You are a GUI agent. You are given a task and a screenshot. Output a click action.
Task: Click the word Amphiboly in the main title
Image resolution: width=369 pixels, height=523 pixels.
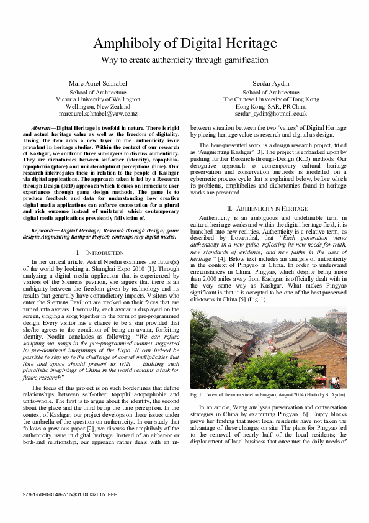click(128, 43)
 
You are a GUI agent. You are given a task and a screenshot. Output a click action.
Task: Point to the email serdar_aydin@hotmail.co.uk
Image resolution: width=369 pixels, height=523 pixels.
click(271, 114)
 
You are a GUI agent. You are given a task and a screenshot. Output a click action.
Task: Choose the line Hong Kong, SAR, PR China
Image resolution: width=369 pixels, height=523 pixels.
click(271, 107)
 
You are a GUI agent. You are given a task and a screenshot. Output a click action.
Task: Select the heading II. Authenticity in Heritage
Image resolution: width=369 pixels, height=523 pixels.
click(268, 208)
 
